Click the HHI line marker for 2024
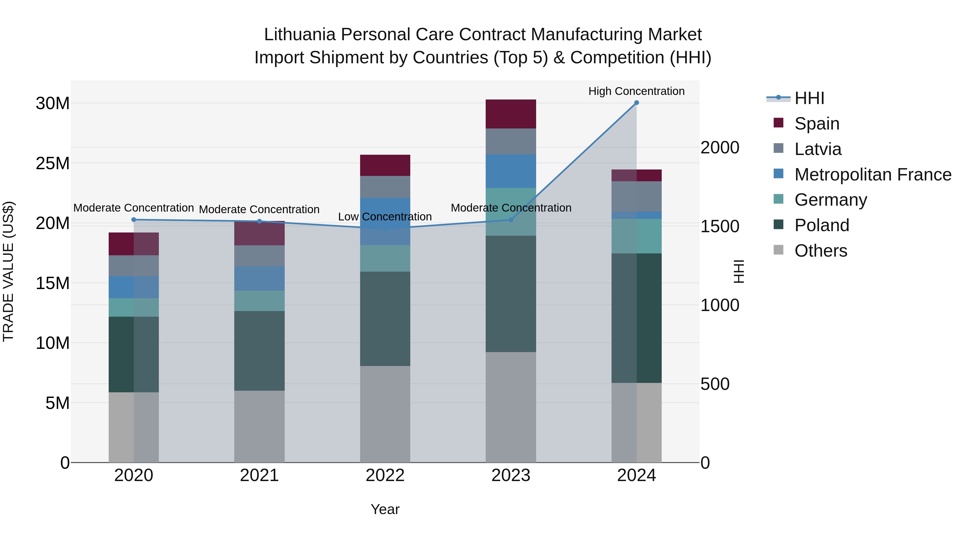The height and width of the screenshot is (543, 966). pos(636,103)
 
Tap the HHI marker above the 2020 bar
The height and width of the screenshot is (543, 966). pos(134,220)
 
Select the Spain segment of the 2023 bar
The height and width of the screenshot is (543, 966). pos(510,114)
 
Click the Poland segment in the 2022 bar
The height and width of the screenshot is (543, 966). pos(385,319)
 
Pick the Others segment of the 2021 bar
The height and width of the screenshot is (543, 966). pos(259,426)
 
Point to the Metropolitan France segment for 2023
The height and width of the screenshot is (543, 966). pos(510,171)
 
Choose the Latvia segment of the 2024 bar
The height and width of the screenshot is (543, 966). pos(636,196)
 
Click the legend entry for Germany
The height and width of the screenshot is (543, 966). pos(830,200)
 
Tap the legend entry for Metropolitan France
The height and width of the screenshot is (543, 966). pos(872,175)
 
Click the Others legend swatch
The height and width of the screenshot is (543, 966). pos(778,250)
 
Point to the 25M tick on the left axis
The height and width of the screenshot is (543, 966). pos(53,163)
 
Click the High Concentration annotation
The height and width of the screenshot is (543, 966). pos(636,91)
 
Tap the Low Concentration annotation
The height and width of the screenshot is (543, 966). pos(385,217)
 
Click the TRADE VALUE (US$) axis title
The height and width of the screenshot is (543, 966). pos(8,271)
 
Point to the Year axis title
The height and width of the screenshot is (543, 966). pos(385,509)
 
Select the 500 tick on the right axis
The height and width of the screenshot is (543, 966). pos(715,384)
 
